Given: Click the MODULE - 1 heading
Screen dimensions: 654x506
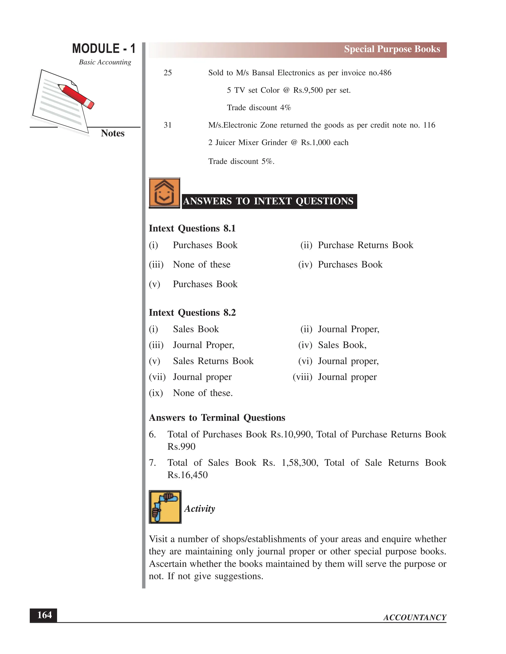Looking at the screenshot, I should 104,49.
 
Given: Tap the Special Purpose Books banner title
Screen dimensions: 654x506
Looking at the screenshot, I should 392,49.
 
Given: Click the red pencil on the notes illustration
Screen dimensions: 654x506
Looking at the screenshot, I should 76,96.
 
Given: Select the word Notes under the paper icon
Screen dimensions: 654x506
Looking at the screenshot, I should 112,133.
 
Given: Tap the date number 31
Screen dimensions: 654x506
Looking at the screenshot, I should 168,125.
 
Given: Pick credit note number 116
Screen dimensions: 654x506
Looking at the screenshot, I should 429,125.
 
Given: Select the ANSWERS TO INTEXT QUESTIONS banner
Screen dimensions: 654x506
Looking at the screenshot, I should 269,201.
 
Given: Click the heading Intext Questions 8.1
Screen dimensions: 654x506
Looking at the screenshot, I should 192,228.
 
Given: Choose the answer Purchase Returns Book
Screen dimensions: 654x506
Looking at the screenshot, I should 365,245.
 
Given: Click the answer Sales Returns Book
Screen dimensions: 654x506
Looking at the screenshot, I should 213,361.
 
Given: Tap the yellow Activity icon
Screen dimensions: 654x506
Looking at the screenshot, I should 165,507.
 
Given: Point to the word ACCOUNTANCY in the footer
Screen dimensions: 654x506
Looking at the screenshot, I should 415,617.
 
